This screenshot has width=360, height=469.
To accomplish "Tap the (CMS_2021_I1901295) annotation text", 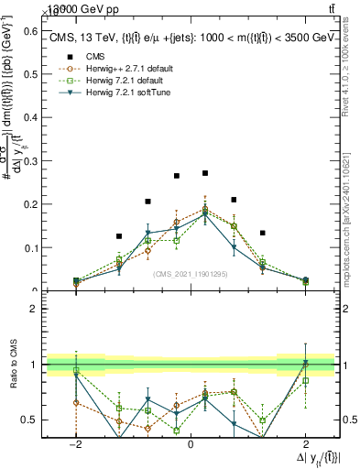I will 191,274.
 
